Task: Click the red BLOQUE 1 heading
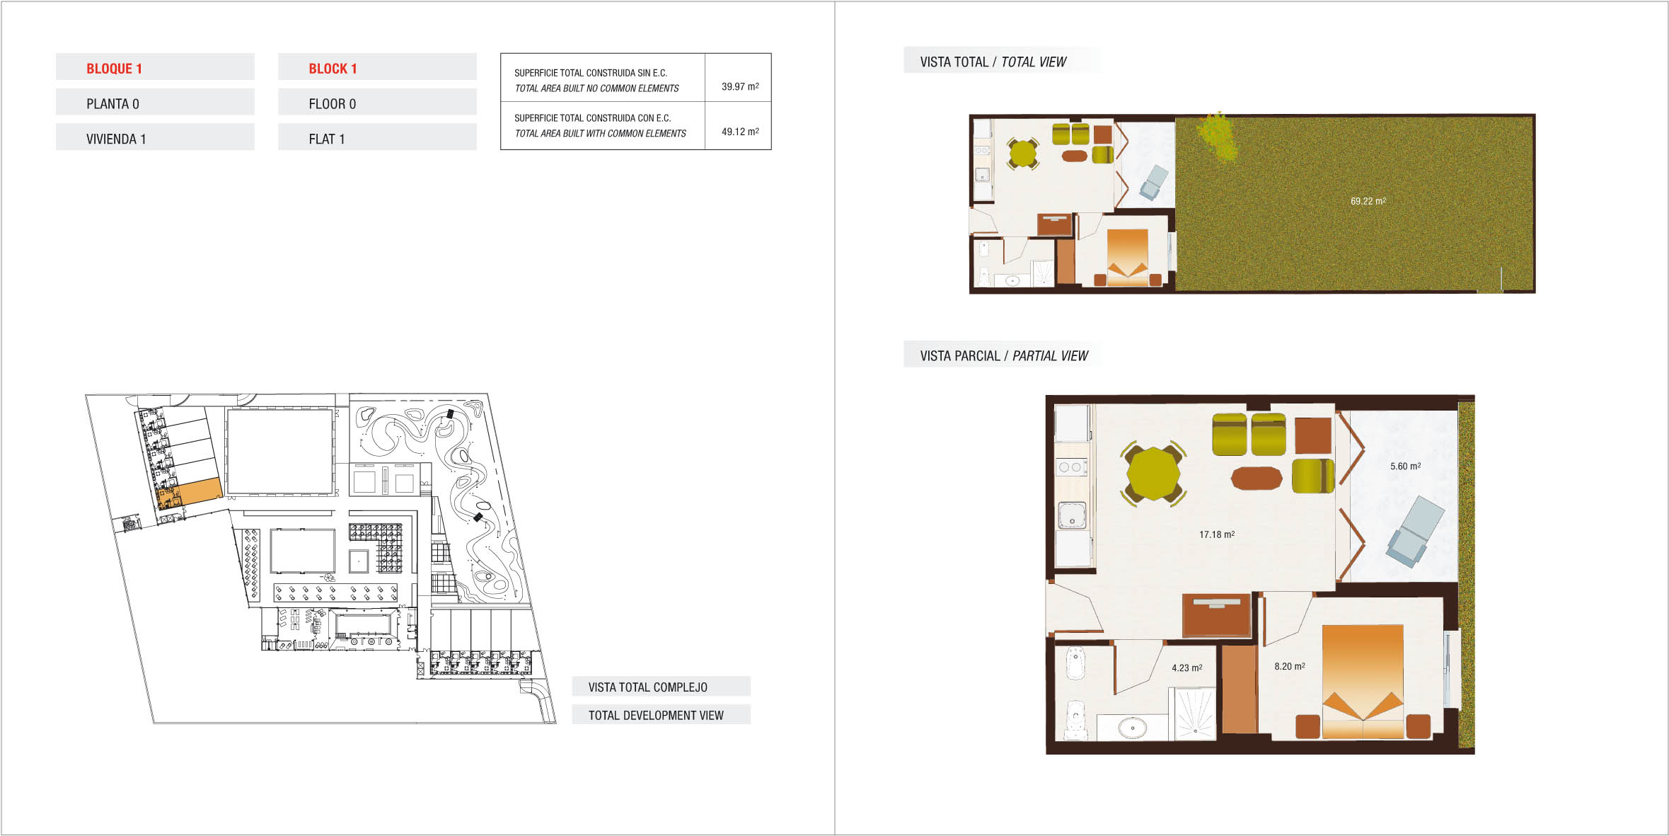(114, 69)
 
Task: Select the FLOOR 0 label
(332, 104)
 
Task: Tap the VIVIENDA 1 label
(116, 139)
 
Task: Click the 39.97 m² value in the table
(740, 86)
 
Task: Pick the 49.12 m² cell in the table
(740, 132)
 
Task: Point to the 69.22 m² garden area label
(1368, 201)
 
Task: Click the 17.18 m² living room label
(1217, 534)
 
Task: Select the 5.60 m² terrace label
(1405, 466)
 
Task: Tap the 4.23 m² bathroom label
(1186, 668)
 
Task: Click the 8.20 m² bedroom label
(1289, 666)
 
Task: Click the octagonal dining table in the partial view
(1153, 474)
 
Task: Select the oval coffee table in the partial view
(1256, 479)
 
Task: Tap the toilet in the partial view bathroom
(1075, 720)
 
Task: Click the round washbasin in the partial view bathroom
(1132, 727)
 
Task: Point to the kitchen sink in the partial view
(1072, 515)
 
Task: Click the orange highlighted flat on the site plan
(200, 491)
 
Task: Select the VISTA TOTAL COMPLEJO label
(647, 687)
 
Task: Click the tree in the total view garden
(1218, 137)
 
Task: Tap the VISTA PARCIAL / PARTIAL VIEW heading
(1003, 356)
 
